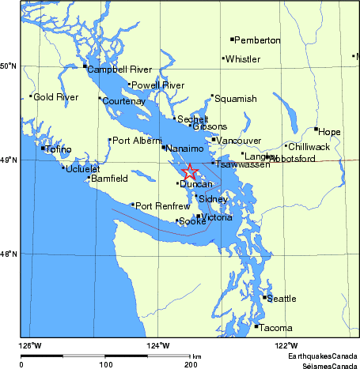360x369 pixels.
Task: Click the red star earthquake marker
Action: [x=190, y=172]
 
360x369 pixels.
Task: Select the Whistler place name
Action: [x=242, y=59]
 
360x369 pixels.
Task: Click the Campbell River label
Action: [x=119, y=70]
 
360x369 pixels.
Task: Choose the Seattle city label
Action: [x=282, y=299]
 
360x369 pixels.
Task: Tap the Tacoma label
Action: [x=276, y=328]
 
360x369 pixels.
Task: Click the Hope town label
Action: [x=329, y=132]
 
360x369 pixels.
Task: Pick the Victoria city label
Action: [x=217, y=217]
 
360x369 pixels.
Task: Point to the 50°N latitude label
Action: [x=9, y=66]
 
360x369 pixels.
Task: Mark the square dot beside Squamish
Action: [x=212, y=96]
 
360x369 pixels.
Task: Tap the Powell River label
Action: [x=158, y=85]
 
